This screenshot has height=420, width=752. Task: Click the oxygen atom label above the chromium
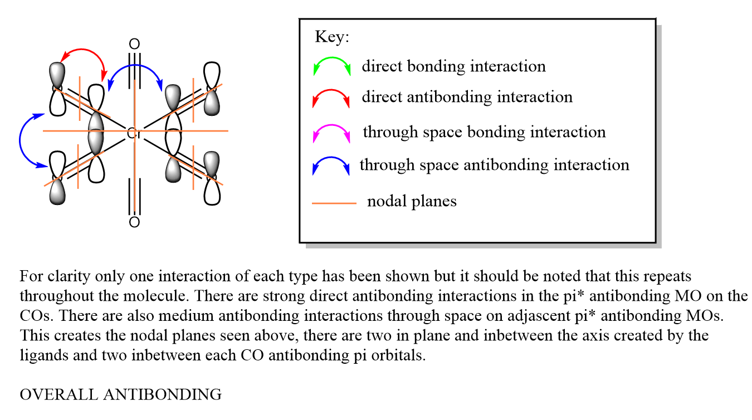pyautogui.click(x=134, y=44)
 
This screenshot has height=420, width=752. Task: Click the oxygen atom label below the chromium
pyautogui.click(x=134, y=223)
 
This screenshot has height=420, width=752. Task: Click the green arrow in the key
pyautogui.click(x=331, y=66)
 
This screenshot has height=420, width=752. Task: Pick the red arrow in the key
pyautogui.click(x=331, y=97)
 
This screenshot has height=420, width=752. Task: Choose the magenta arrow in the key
pyautogui.click(x=331, y=133)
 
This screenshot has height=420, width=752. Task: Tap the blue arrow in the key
pyautogui.click(x=331, y=165)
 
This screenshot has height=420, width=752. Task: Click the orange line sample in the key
pyautogui.click(x=334, y=203)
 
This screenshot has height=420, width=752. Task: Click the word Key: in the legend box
pyautogui.click(x=332, y=37)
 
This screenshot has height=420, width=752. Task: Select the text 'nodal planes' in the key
pyautogui.click(x=412, y=202)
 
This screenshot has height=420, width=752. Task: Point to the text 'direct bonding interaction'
pyautogui.click(x=453, y=67)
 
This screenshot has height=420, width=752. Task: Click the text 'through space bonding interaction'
pyautogui.click(x=484, y=133)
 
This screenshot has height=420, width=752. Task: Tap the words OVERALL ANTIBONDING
pyautogui.click(x=120, y=395)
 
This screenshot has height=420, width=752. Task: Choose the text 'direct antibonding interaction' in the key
pyautogui.click(x=467, y=97)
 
